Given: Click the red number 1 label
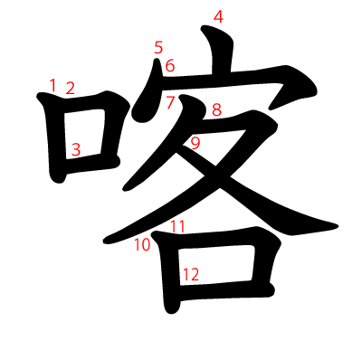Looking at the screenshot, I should pyautogui.click(x=52, y=85).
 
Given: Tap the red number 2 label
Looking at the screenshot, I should pyautogui.click(x=70, y=89).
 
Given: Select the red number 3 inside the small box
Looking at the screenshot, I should pyautogui.click(x=77, y=149).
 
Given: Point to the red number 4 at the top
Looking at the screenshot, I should pyautogui.click(x=217, y=16).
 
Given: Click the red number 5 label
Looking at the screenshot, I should pyautogui.click(x=158, y=48).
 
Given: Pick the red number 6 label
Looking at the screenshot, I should pyautogui.click(x=169, y=65).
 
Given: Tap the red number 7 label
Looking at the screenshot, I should pyautogui.click(x=171, y=101).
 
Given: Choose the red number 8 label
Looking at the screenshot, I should pyautogui.click(x=216, y=110).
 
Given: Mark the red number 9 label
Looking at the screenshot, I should pyautogui.click(x=195, y=142).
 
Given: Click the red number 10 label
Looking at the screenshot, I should pyautogui.click(x=143, y=244).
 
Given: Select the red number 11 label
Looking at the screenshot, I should pyautogui.click(x=177, y=227).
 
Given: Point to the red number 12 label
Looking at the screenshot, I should pyautogui.click(x=190, y=273).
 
